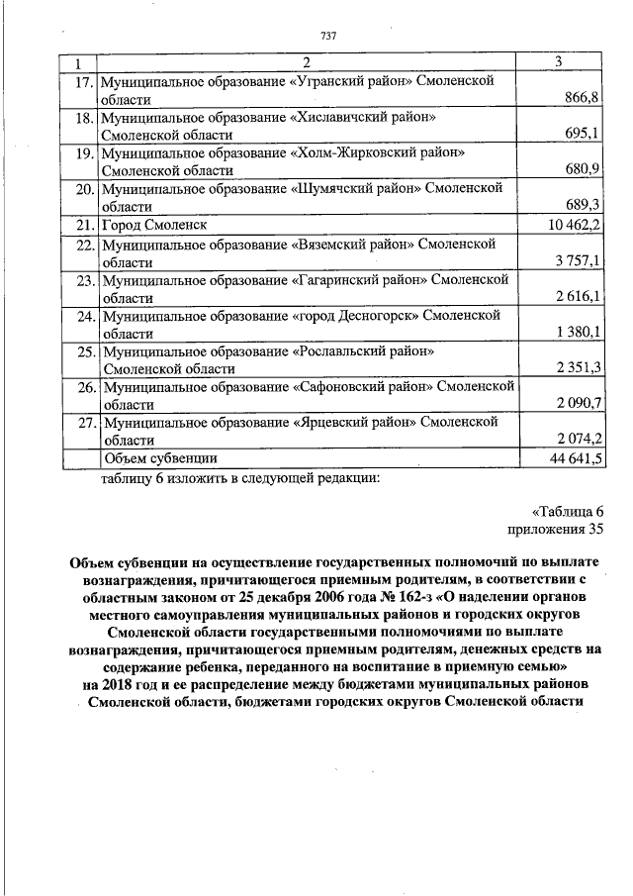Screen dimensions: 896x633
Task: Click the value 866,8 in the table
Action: coord(584,100)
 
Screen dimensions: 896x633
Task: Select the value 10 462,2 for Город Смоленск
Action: coord(575,225)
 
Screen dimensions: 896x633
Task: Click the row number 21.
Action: coord(84,225)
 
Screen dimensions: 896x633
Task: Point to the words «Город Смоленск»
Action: coord(154,225)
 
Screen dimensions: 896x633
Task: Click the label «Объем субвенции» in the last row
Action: coord(160,458)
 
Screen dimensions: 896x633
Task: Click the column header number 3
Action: coord(559,62)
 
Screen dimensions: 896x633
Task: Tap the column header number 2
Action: coord(308,62)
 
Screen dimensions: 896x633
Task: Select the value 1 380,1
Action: coord(579,331)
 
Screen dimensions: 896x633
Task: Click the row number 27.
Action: coord(84,422)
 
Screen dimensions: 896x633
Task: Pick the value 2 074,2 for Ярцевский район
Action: coord(579,439)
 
